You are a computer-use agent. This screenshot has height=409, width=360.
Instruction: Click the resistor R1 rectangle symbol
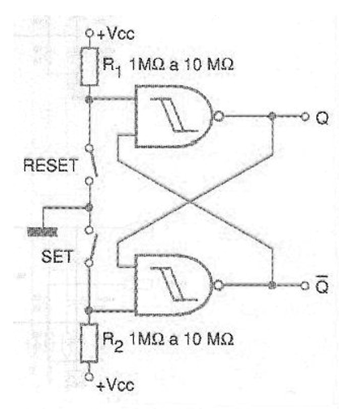89,67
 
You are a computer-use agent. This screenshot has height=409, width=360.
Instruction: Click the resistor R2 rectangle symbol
89,343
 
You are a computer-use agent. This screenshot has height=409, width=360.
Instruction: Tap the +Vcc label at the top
116,34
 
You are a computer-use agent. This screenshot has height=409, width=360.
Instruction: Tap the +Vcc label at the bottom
115,385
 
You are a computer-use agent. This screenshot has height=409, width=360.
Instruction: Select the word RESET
50,166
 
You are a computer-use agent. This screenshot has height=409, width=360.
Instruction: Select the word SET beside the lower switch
57,256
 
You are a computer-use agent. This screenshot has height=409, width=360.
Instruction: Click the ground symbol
42,232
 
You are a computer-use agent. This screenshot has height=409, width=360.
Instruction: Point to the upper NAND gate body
173,117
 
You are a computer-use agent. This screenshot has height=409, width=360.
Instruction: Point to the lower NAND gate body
173,285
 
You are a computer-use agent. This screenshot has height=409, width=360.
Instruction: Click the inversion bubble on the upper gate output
218,117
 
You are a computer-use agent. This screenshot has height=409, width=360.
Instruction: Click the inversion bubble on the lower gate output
218,285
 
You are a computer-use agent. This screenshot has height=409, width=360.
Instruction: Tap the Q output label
322,118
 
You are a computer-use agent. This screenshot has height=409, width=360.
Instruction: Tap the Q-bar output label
322,285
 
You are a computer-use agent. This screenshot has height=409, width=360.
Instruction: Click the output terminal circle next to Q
305,117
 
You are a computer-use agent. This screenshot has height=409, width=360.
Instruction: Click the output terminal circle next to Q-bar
305,286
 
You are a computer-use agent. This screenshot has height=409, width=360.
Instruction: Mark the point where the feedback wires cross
190,201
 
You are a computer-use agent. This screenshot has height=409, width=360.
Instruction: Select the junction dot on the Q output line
272,117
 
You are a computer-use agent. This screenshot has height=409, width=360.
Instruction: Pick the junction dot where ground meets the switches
89,208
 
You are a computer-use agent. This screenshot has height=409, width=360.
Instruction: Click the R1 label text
112,67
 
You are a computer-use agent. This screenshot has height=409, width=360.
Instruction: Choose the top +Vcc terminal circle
89,33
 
